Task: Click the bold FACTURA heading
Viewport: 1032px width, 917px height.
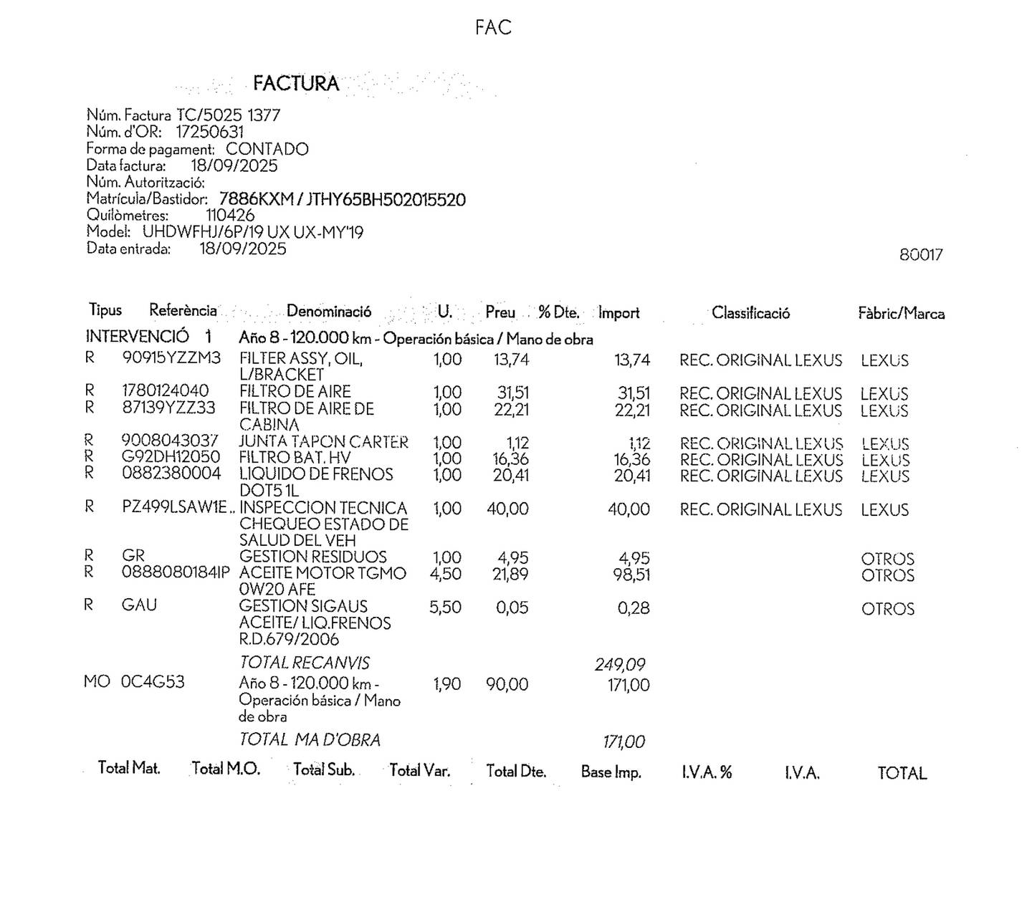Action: click(295, 83)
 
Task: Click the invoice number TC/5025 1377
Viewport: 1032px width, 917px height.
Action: click(229, 115)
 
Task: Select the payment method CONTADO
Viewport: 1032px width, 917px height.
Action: click(267, 149)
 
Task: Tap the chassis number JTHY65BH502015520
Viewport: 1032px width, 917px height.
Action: click(386, 199)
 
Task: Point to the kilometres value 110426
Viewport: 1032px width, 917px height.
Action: click(230, 215)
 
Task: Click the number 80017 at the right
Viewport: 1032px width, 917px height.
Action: click(921, 255)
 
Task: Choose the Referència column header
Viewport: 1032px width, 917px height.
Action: click(183, 310)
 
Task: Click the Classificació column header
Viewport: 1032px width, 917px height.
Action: click(750, 313)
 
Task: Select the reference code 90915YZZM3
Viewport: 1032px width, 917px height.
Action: click(171, 357)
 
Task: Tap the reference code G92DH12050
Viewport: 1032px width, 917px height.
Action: click(171, 457)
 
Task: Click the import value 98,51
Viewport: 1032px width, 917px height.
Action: click(631, 575)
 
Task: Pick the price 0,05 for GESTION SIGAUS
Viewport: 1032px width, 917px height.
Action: click(512, 608)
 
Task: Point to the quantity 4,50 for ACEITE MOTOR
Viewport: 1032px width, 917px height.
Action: click(446, 575)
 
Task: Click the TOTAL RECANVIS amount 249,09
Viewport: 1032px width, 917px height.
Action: click(620, 665)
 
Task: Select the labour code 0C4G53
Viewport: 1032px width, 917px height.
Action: click(153, 682)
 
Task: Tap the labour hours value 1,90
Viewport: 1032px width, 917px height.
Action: click(447, 685)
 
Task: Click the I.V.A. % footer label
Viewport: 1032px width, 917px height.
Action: click(707, 772)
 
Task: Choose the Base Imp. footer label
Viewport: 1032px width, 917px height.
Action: click(611, 772)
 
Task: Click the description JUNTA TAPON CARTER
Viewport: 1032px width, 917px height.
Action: click(323, 442)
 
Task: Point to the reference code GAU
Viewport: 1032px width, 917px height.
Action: click(139, 605)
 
